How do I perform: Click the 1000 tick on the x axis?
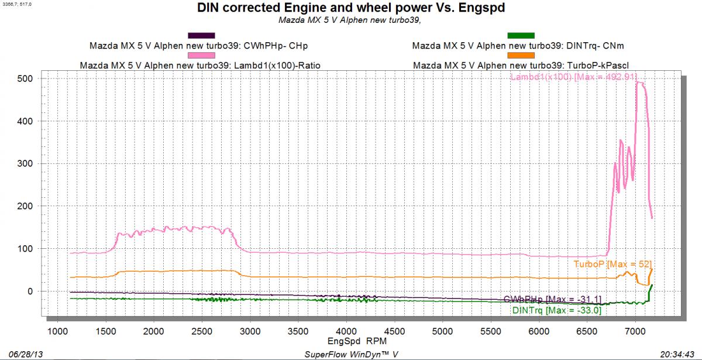(x=57, y=331)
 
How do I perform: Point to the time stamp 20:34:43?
(x=682, y=355)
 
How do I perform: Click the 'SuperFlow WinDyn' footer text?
(x=351, y=355)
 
